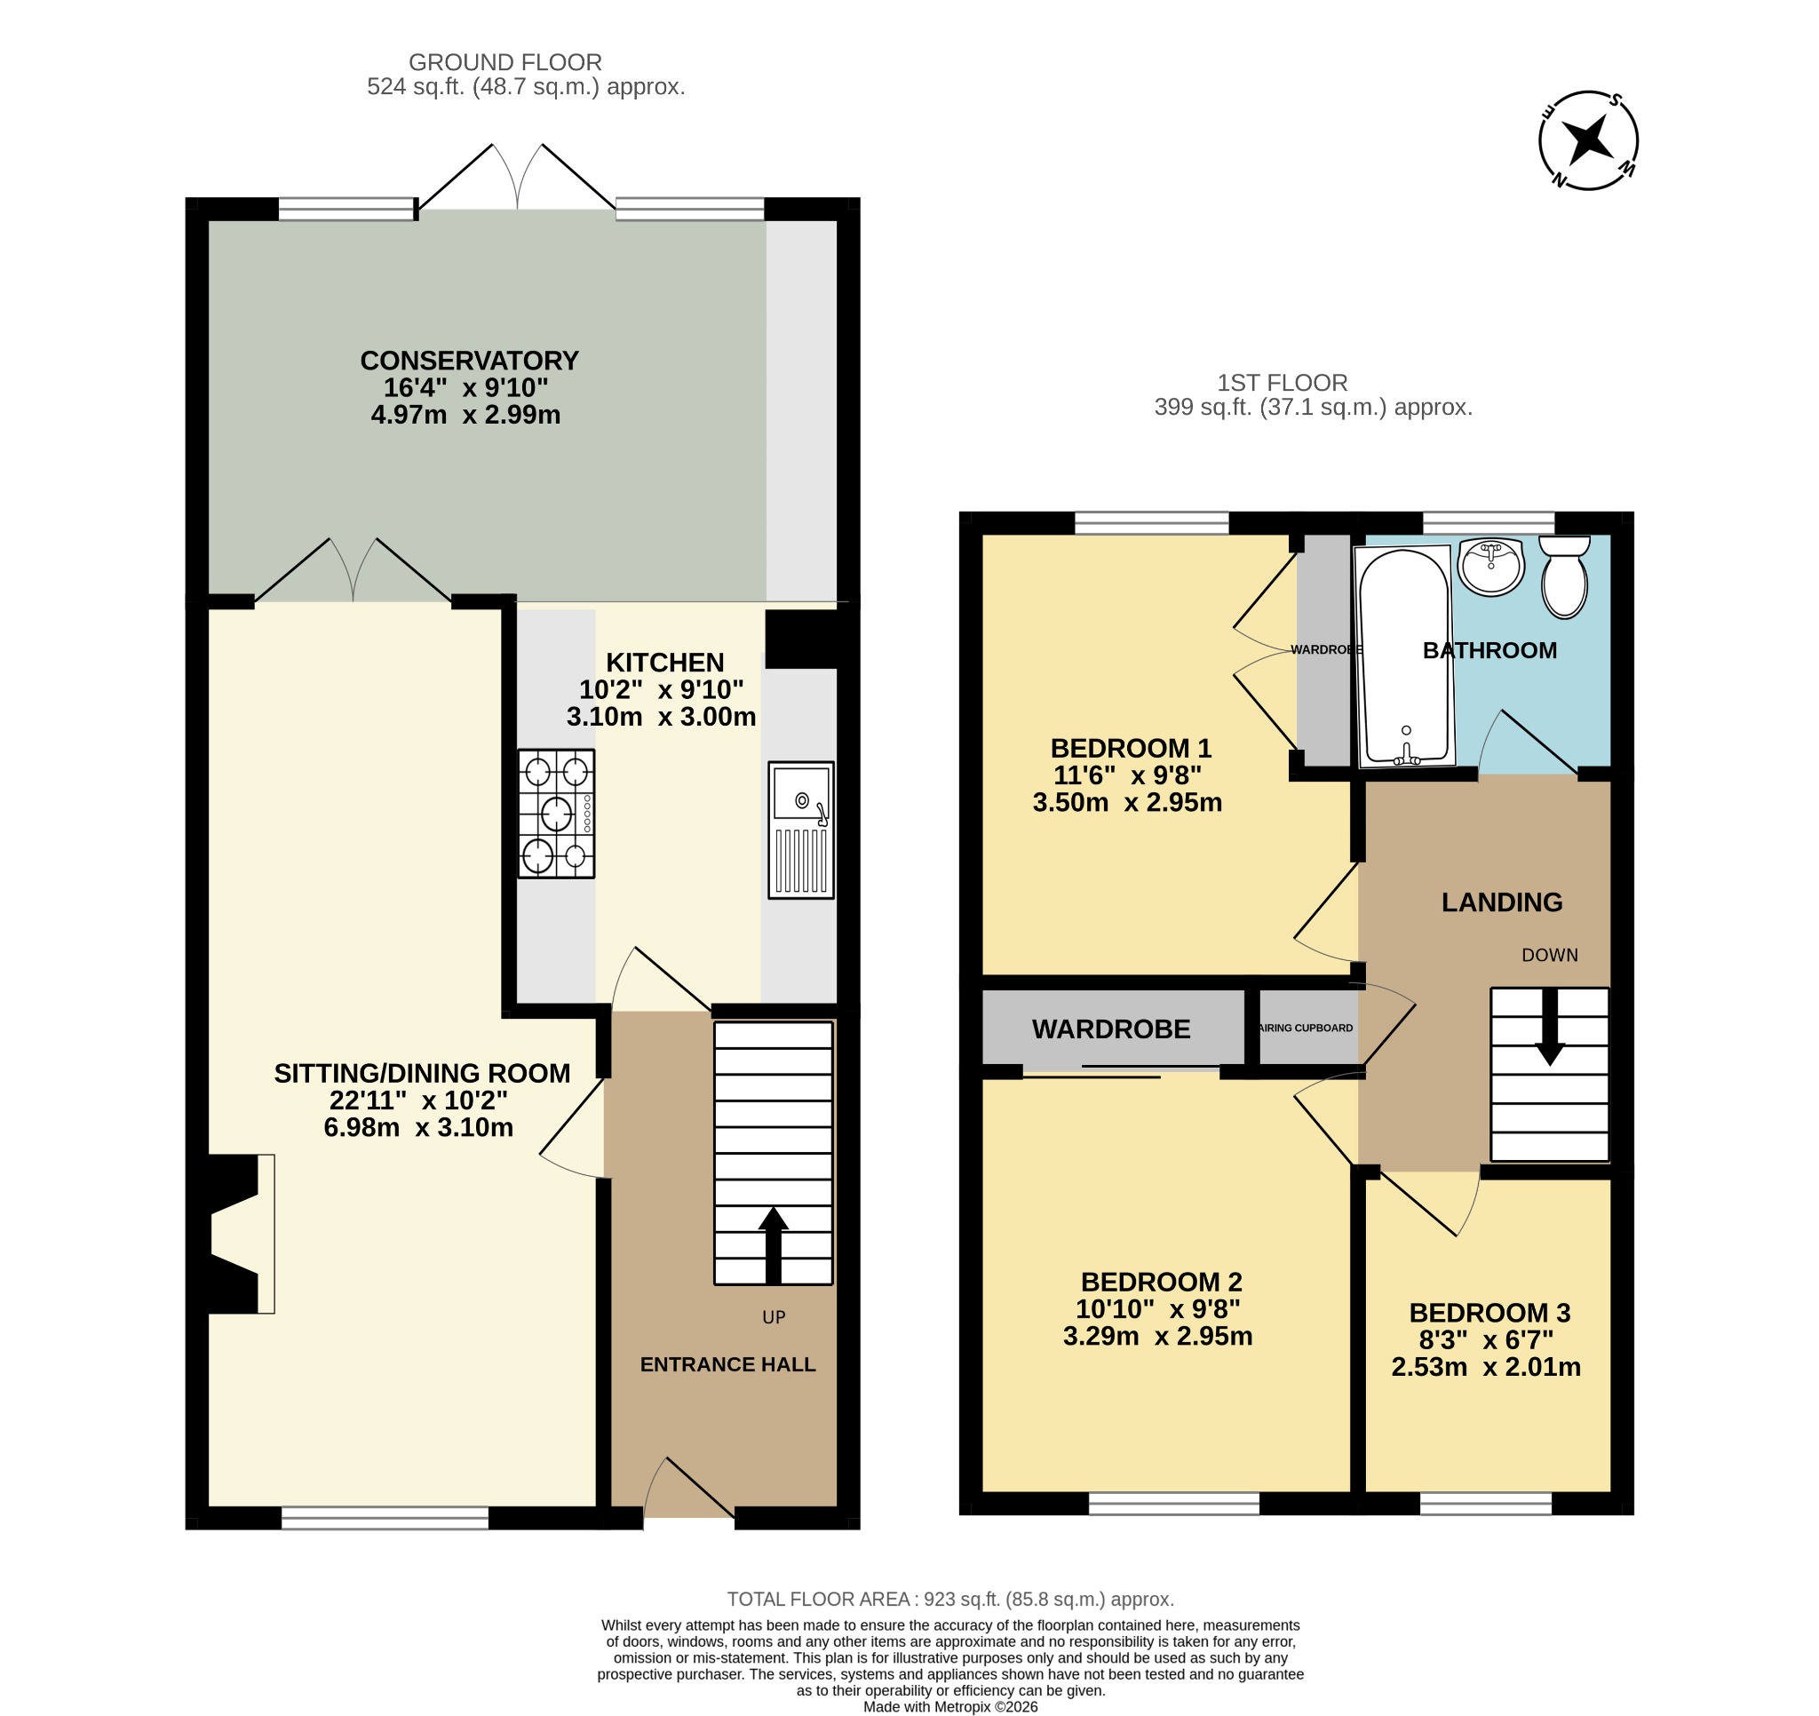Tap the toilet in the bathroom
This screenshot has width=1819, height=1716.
click(1564, 576)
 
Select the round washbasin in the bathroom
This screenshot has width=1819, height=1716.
click(1490, 567)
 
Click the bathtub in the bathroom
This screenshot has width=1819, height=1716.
click(1404, 656)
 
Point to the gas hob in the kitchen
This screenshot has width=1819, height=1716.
click(556, 814)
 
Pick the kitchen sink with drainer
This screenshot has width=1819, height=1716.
click(800, 830)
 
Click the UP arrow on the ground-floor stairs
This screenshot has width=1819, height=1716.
click(774, 1244)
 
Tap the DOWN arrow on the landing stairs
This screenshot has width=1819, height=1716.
click(1549, 1027)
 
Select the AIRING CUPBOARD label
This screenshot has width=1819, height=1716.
click(1306, 1028)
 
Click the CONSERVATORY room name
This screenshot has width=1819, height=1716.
click(469, 361)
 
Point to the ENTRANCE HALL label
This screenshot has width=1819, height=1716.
click(727, 1364)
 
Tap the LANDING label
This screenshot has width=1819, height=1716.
click(1502, 902)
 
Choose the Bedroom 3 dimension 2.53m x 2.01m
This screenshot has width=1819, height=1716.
click(1486, 1367)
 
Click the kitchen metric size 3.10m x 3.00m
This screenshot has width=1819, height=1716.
click(661, 717)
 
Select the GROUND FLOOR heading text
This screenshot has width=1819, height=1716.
click(505, 62)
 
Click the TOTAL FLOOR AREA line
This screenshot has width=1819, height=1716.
click(950, 1599)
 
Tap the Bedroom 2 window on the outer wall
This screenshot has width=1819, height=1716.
click(1173, 1504)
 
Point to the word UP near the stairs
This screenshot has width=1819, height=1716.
click(774, 1317)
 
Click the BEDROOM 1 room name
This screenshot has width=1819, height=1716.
click(1131, 749)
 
